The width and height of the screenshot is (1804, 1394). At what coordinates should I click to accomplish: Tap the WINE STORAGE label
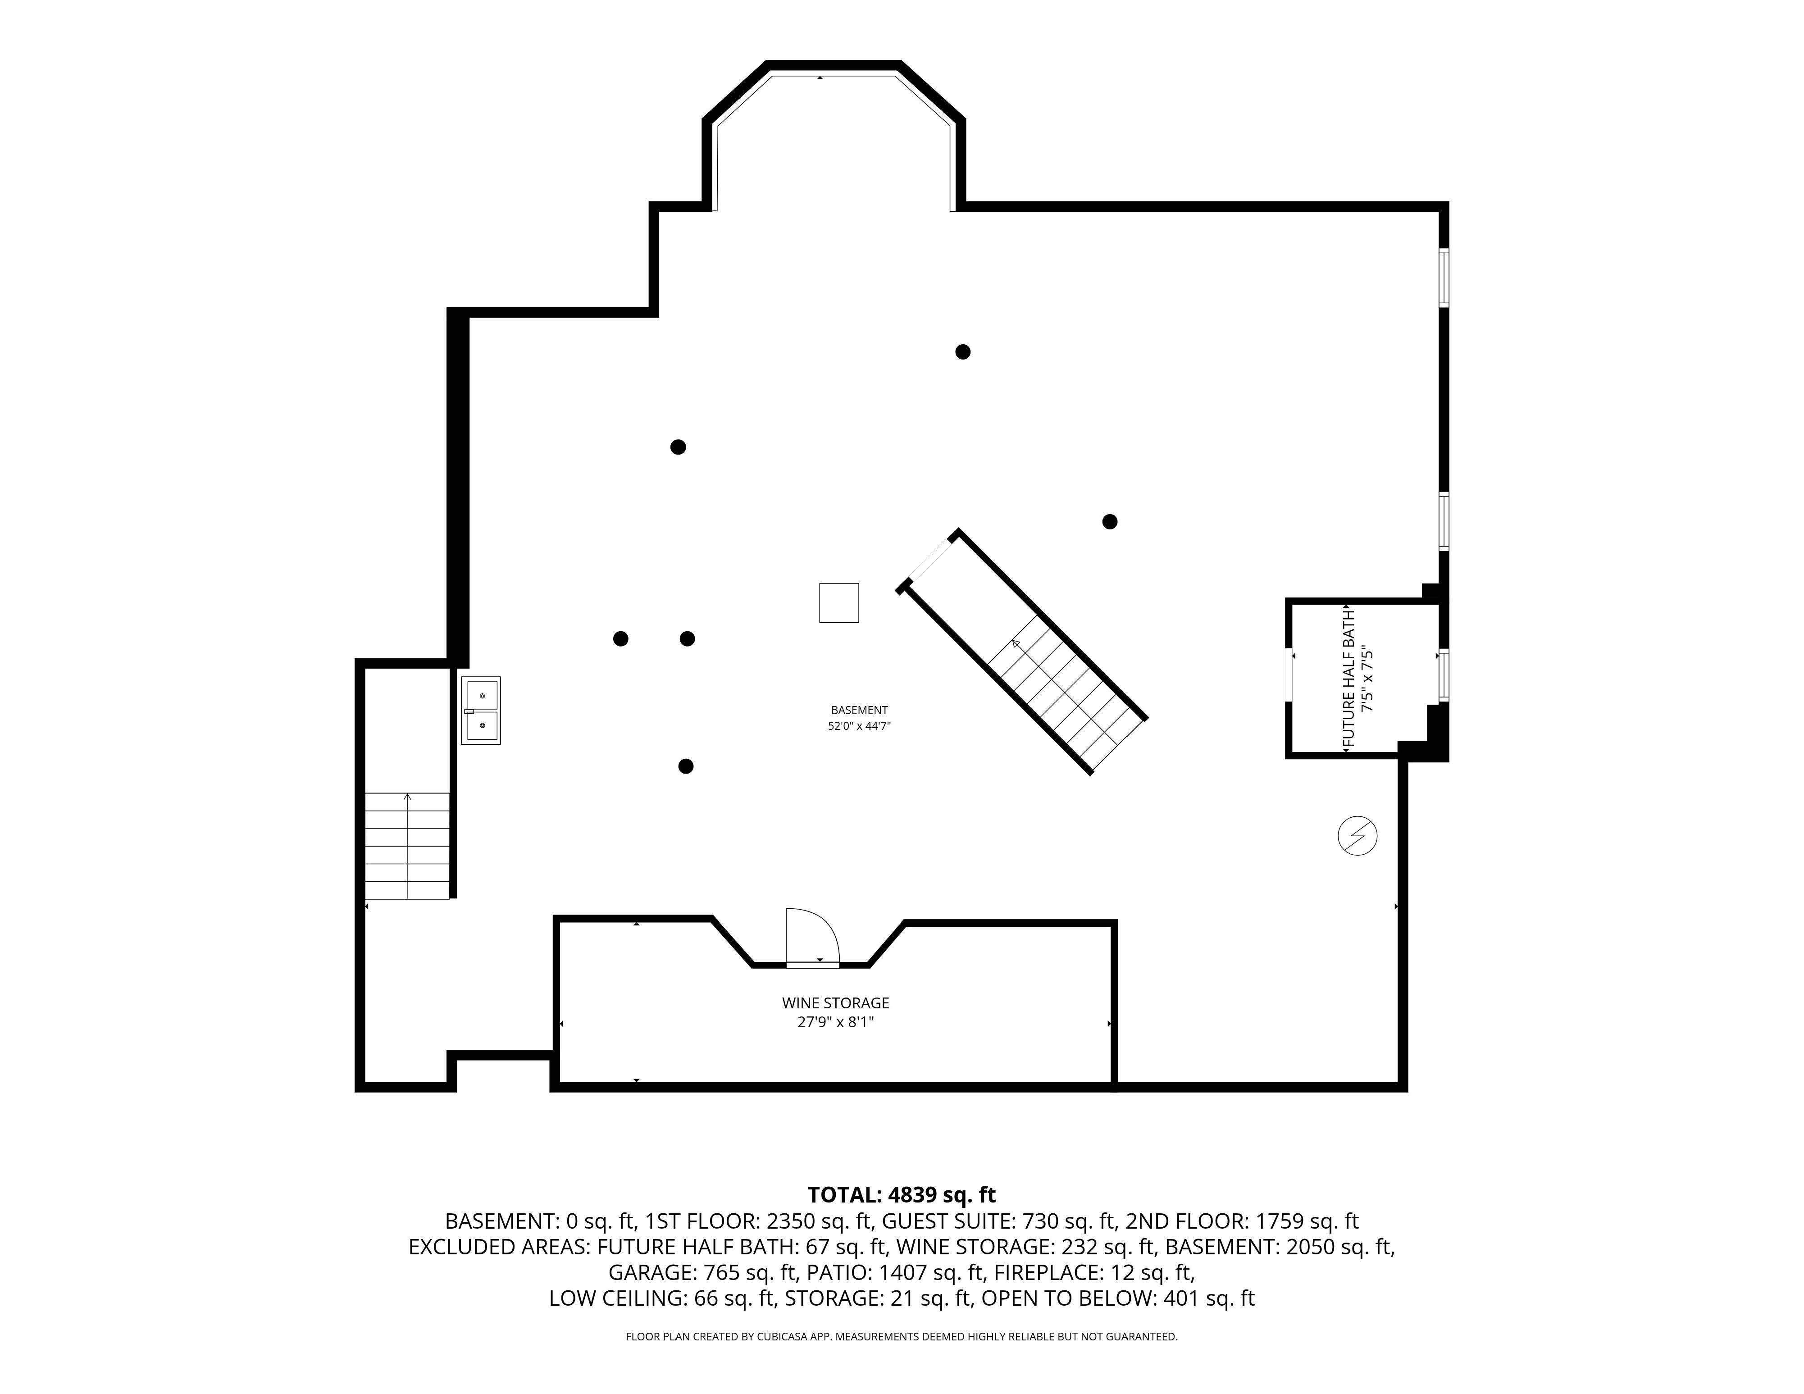(x=835, y=1002)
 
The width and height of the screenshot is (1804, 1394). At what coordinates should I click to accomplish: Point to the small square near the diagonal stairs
(x=838, y=603)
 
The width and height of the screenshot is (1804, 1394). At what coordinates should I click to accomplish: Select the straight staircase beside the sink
(x=407, y=846)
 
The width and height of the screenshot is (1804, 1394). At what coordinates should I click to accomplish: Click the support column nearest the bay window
(x=962, y=352)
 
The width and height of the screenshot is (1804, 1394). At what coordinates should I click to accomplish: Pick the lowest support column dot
(x=686, y=766)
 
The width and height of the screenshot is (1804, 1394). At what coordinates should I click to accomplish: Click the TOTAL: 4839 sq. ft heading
(x=901, y=1195)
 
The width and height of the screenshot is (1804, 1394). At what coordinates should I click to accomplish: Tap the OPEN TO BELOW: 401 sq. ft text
(x=1117, y=1298)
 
